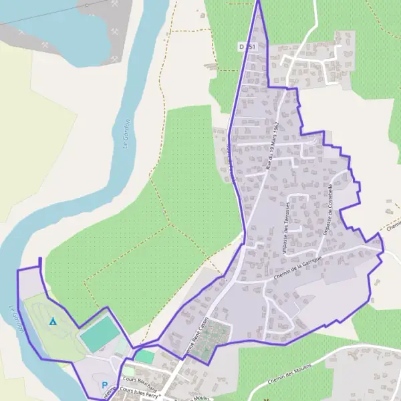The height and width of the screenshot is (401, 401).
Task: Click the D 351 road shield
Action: (247, 46)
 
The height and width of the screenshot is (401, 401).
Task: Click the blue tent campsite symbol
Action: (53, 321)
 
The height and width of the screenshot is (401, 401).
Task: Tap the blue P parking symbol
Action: (104, 385)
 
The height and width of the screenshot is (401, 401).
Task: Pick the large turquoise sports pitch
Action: (98, 333)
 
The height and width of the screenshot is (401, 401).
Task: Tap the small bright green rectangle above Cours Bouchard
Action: (144, 357)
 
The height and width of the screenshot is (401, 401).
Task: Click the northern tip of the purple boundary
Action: (258, 2)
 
